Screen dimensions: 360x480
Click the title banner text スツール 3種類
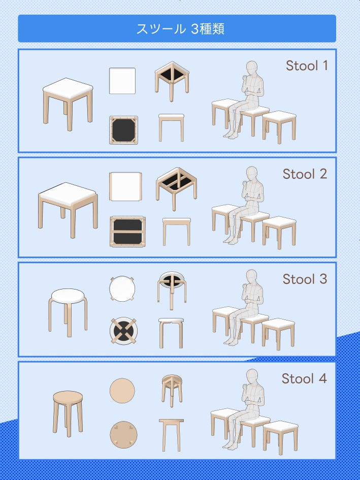tap(180, 29)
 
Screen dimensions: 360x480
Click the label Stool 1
tap(307, 66)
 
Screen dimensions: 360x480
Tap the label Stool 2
tap(305, 174)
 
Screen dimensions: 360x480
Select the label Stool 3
tap(305, 279)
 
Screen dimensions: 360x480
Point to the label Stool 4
tap(304, 378)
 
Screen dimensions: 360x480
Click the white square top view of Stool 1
tap(122, 81)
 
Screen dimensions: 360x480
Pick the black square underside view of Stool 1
tap(124, 130)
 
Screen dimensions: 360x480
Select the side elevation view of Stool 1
tap(172, 127)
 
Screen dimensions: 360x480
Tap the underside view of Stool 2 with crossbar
tap(127, 232)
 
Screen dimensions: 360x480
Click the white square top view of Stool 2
tap(125, 186)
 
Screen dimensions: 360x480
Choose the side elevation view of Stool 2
tap(177, 232)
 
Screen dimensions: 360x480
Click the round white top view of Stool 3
tap(122, 289)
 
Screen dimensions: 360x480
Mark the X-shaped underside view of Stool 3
tap(124, 331)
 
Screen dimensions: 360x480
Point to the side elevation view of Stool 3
tap(171, 333)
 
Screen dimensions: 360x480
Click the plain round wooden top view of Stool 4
tap(122, 391)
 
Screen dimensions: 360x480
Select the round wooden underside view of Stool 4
tap(124, 435)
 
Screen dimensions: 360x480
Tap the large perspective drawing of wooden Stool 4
tap(68, 413)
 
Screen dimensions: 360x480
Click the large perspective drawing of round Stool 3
tap(68, 312)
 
